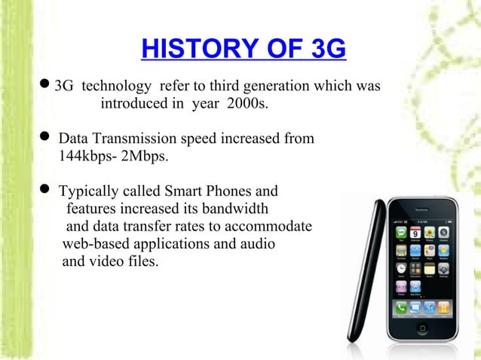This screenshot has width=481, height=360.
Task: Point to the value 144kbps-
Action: [x=87, y=158]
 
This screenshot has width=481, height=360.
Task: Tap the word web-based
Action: [x=97, y=244]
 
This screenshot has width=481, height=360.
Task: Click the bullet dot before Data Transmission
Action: [x=44, y=139]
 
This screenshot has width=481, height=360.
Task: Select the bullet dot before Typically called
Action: [x=44, y=191]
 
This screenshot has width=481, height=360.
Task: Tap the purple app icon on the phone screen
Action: [x=400, y=286]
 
